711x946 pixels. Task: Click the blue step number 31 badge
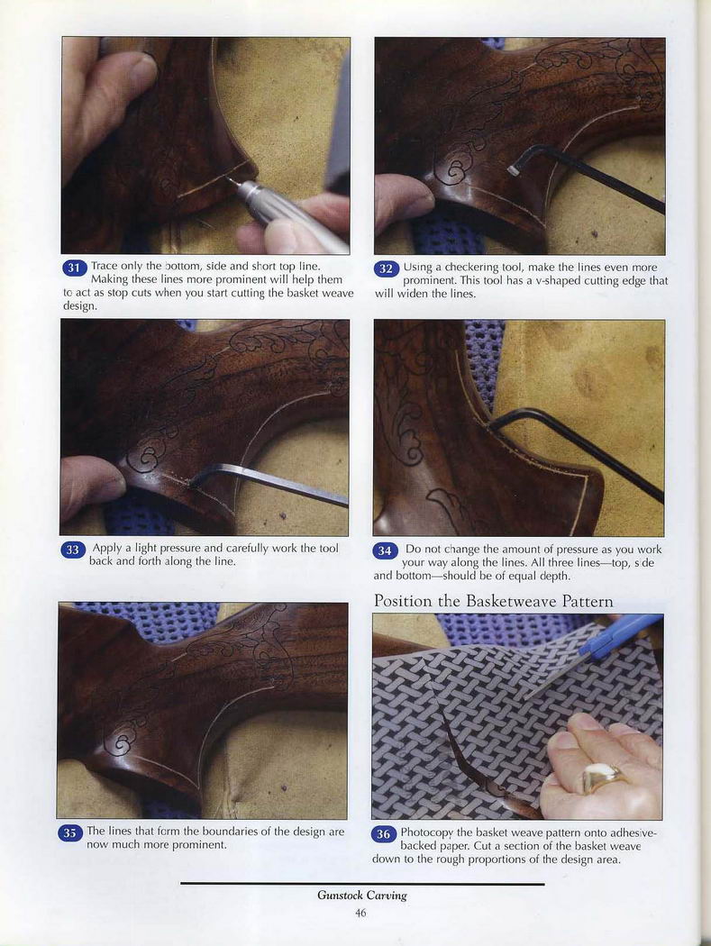point(74,268)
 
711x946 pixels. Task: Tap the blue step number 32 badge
point(387,268)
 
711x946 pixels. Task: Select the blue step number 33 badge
point(72,550)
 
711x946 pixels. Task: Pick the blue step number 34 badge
point(385,550)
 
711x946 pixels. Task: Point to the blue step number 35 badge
point(70,833)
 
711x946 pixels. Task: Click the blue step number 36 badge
point(383,834)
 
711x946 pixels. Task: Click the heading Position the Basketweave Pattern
point(493,601)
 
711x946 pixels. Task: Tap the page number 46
point(360,913)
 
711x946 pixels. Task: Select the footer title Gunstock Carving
point(362,896)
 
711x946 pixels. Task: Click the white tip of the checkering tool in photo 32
point(515,171)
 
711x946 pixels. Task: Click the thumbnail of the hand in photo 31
point(142,72)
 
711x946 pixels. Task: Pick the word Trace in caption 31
point(104,266)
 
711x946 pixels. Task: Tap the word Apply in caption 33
point(106,549)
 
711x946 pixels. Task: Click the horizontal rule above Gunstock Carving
point(362,884)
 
